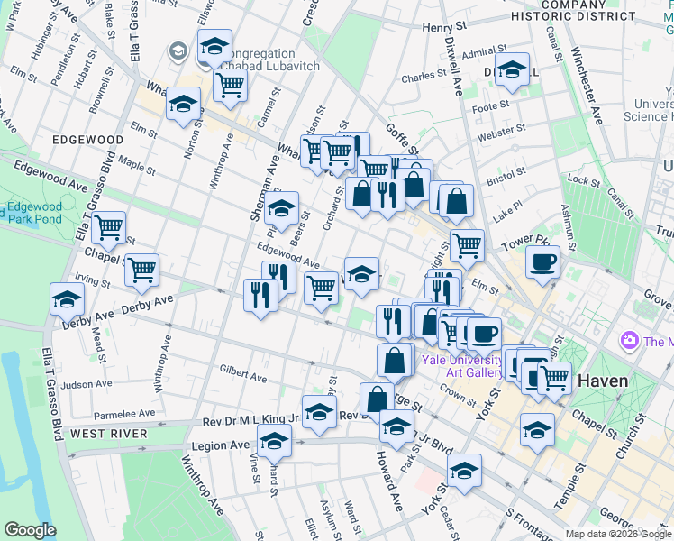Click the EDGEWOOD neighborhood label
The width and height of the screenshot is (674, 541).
coord(88,140)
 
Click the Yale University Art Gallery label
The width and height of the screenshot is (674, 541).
coord(462,366)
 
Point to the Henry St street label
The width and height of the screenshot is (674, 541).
coord(447,27)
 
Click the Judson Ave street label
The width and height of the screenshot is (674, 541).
coord(87,384)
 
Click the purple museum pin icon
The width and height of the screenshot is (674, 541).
coord(629,341)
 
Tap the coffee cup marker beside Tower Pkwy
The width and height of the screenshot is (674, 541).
coord(542,262)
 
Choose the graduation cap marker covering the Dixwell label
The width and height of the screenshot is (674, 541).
coord(512,69)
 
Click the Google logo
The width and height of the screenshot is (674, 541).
coord(31,530)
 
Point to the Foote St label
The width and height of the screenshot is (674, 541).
coord(491,106)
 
